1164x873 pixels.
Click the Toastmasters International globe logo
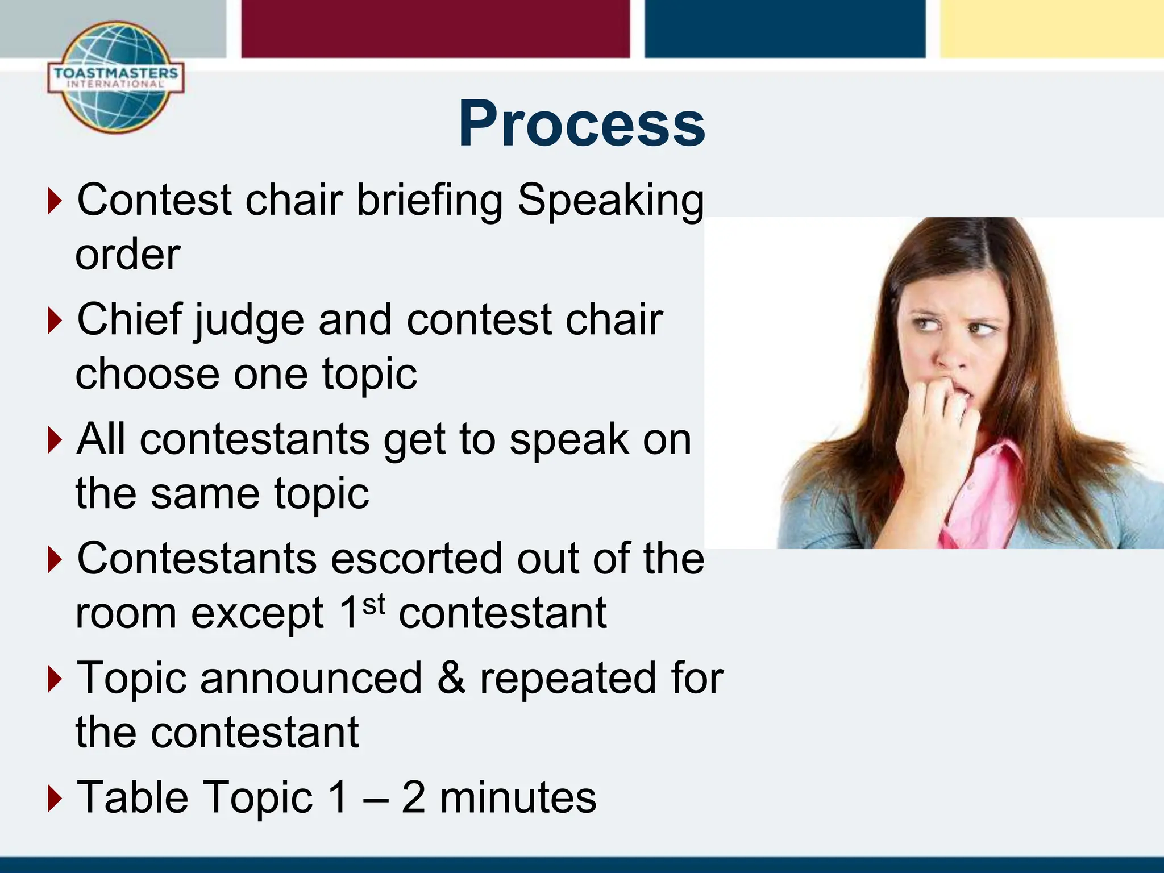(116, 78)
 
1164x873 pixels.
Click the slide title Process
(581, 124)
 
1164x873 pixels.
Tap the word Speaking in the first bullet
(610, 201)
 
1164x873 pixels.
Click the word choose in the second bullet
(147, 375)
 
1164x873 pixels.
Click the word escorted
(416, 559)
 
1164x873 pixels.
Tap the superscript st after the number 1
(373, 605)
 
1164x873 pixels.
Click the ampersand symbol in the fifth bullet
(451, 678)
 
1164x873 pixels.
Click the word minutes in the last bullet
(518, 797)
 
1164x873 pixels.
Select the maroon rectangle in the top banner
(435, 28)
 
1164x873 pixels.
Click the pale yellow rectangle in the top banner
(1051, 28)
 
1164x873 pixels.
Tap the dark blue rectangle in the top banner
(784, 28)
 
